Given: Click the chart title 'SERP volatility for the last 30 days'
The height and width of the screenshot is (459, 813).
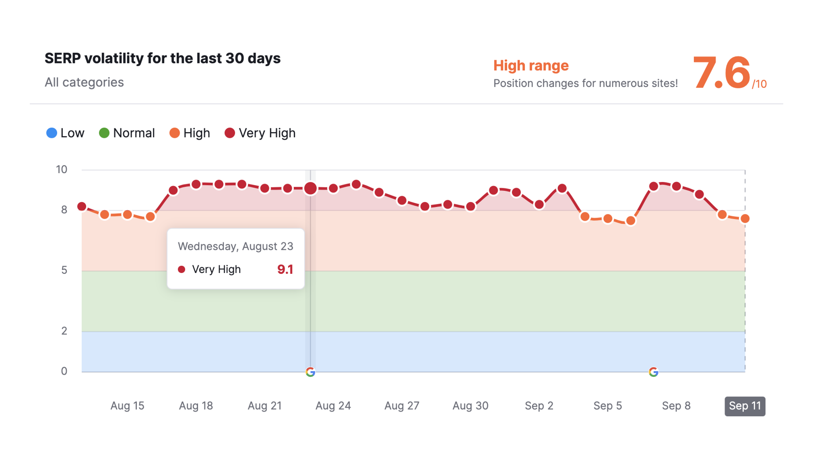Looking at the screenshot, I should tap(162, 58).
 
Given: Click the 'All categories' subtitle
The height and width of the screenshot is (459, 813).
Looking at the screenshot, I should tap(84, 82).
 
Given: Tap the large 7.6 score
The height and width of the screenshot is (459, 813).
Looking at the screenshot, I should tap(721, 73).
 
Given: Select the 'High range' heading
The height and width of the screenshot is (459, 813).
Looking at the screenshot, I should tap(531, 65).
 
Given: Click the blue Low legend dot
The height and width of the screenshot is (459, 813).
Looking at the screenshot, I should tap(52, 133).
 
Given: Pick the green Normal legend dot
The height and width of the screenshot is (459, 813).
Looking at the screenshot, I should tap(104, 133).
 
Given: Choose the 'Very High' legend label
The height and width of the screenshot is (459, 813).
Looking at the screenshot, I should tap(267, 133).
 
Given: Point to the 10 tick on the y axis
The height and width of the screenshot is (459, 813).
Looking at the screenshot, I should tap(62, 170).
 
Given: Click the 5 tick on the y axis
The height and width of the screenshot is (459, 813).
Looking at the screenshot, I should tap(64, 270).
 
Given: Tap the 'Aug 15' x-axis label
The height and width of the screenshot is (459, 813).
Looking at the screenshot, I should tap(127, 405).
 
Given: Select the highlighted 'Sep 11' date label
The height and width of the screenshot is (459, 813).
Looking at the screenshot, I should tap(745, 406).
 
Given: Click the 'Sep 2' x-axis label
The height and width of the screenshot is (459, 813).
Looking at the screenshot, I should tap(539, 405).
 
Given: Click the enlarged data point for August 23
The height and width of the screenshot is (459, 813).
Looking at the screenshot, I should tap(310, 188).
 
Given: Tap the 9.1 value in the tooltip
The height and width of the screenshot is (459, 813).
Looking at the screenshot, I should tap(285, 269).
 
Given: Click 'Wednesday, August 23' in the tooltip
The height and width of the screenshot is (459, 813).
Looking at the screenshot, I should tap(235, 246).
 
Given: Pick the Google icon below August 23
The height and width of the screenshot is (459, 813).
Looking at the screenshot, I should tap(310, 372).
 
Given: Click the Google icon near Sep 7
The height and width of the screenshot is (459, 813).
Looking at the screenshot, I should tap(654, 372).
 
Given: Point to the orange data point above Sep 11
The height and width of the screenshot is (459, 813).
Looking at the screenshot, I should tap(745, 219).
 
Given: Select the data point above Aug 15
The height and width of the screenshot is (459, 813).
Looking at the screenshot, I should tap(127, 215).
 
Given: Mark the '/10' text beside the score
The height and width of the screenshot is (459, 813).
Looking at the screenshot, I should tap(759, 84).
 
